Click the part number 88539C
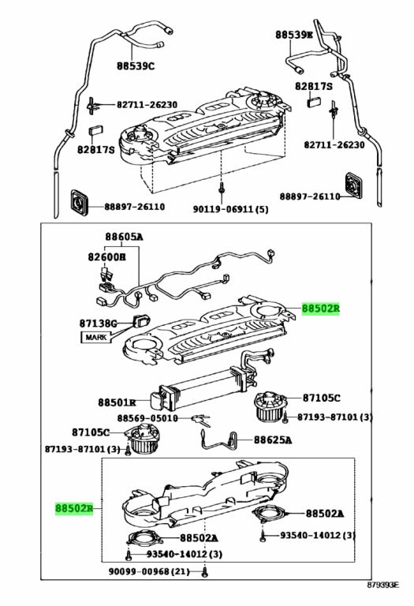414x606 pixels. (136, 66)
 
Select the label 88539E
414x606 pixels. (293, 35)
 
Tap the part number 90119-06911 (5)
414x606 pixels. (230, 209)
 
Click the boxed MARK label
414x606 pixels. (95, 338)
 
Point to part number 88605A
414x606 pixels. (124, 237)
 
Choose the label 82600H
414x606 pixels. (107, 256)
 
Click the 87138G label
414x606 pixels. (98, 323)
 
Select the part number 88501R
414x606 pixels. (117, 402)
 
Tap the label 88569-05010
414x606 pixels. (147, 418)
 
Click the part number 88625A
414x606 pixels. (273, 440)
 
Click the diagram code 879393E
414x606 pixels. (383, 596)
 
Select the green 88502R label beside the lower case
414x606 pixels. (74, 508)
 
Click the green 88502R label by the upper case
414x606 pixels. (320, 309)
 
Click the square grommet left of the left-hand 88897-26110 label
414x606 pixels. (80, 203)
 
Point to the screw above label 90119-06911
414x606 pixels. (222, 189)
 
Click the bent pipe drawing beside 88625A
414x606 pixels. (218, 440)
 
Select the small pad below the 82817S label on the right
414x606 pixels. (314, 103)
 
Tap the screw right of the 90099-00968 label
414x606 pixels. (205, 573)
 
